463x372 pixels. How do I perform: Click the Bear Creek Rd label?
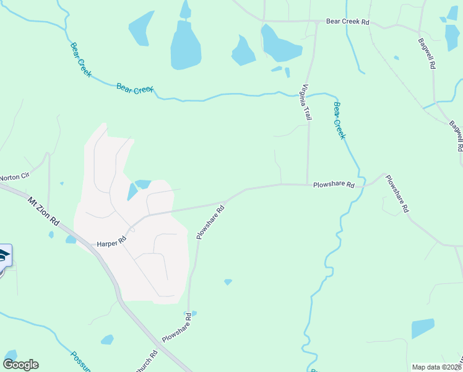(x=348, y=22)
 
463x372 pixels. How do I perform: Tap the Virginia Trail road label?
(x=306, y=102)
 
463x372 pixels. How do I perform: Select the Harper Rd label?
(x=111, y=244)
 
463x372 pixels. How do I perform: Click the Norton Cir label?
(x=14, y=177)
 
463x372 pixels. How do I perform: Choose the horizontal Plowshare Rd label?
(x=334, y=184)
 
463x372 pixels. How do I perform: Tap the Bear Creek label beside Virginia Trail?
(x=339, y=120)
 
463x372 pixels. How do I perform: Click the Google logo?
(x=20, y=365)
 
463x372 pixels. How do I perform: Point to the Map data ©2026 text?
(x=436, y=367)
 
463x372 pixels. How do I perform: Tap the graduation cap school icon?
(x=4, y=256)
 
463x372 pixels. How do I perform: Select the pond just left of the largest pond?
(x=141, y=28)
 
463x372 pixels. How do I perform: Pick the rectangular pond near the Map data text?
(x=423, y=328)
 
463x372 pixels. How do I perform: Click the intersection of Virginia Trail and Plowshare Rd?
(x=308, y=184)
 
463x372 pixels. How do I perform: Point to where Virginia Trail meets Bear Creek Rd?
(x=317, y=22)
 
